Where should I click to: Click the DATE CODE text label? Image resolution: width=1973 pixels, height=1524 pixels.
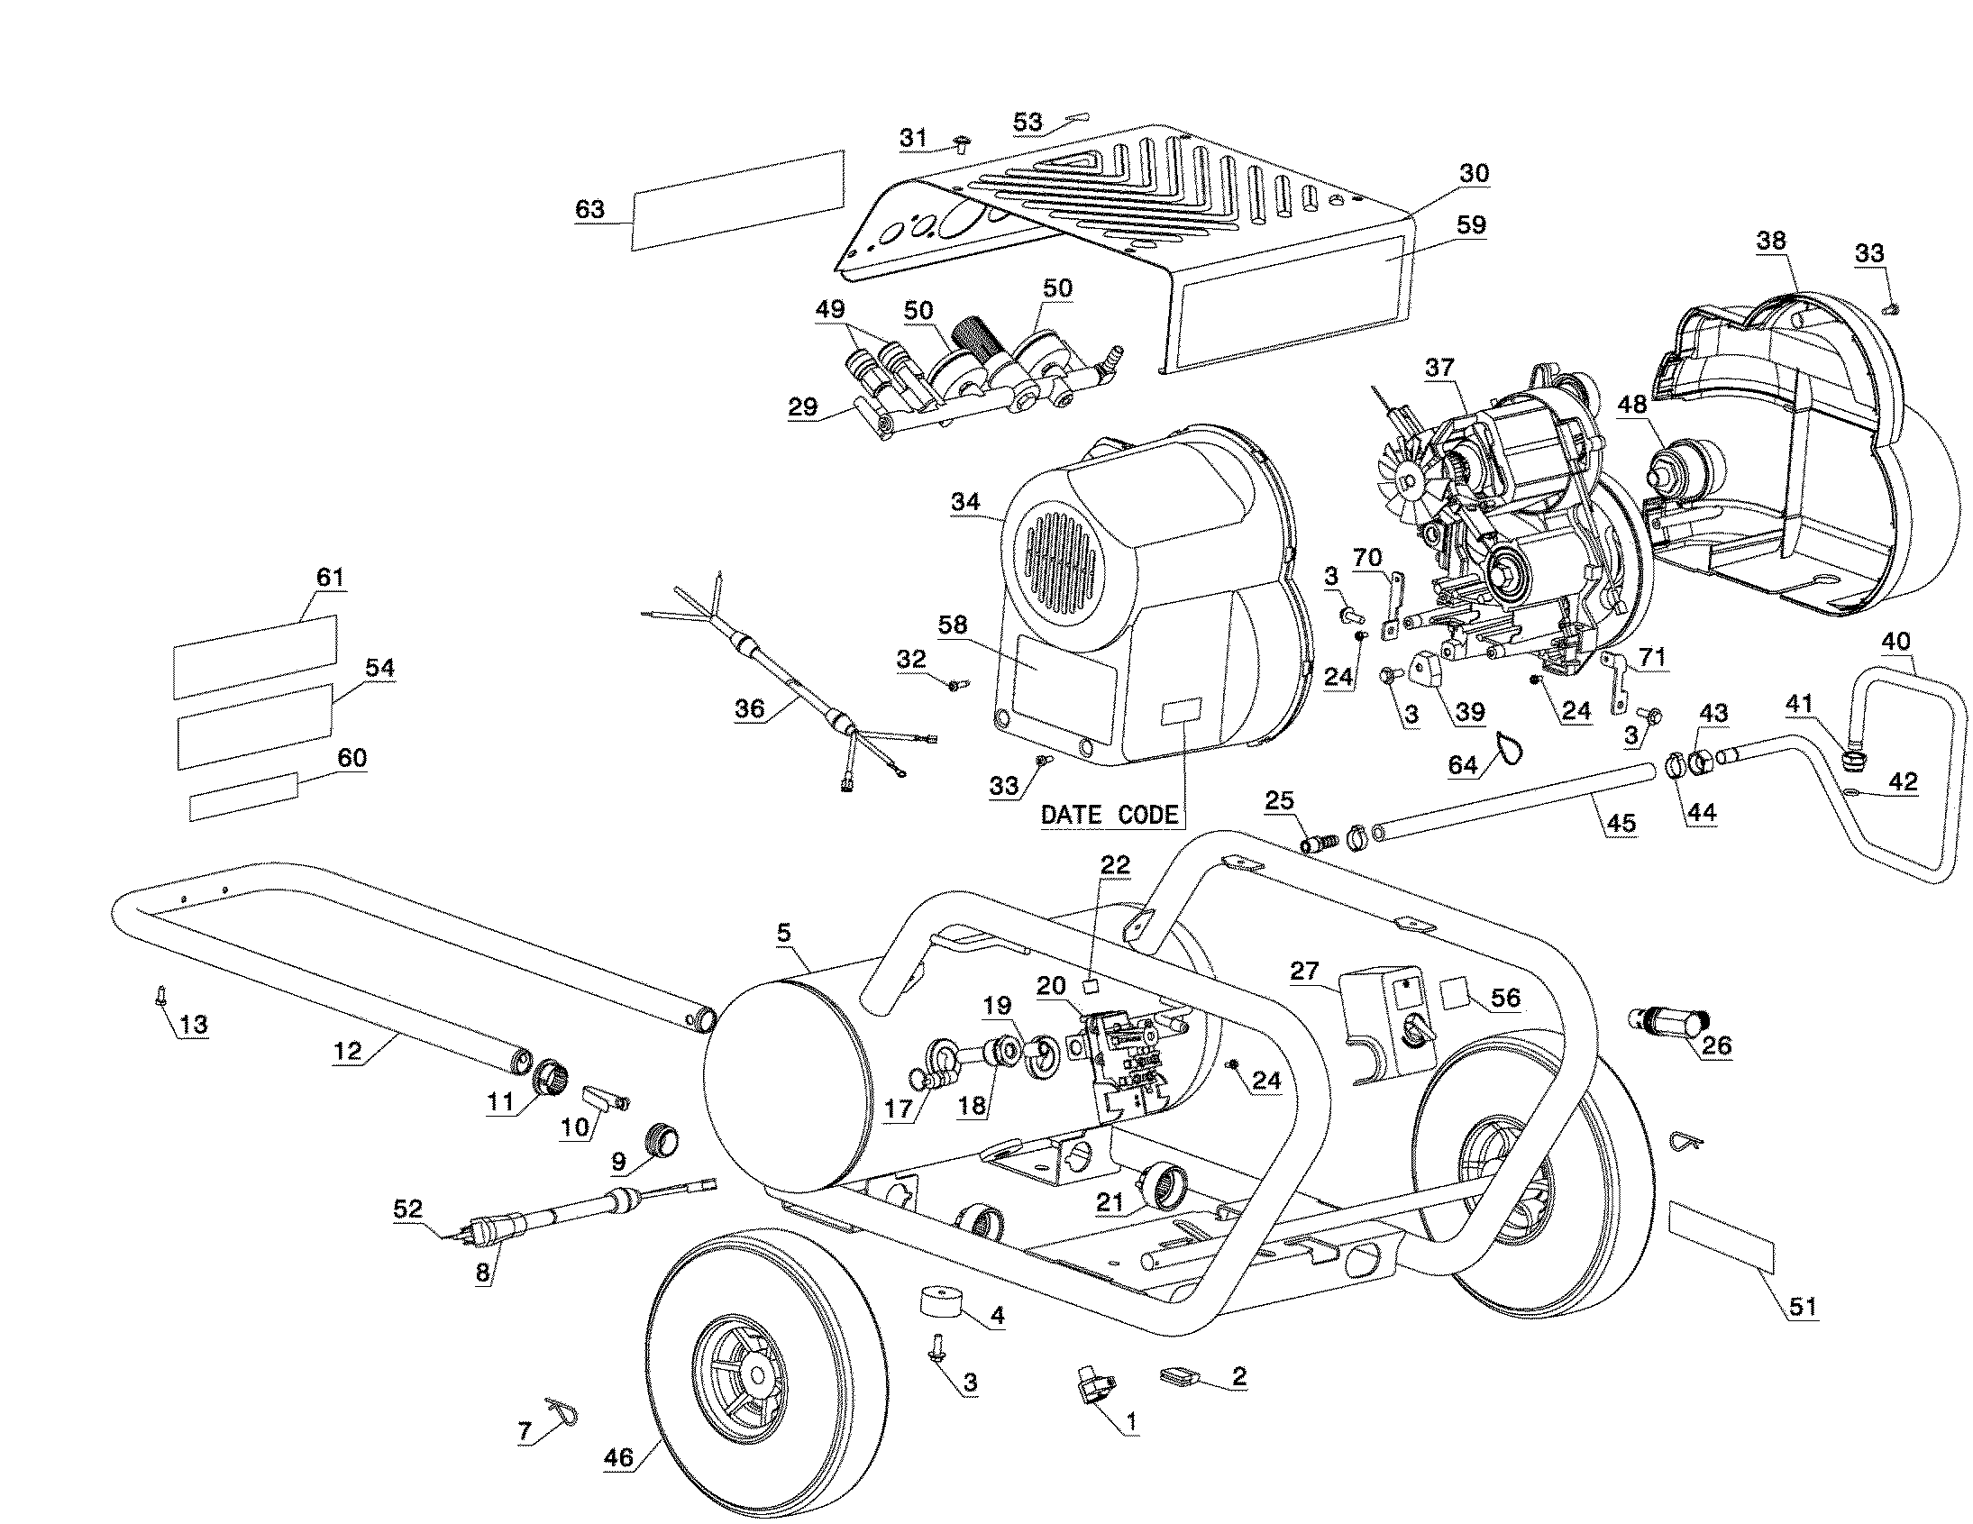(x=1110, y=815)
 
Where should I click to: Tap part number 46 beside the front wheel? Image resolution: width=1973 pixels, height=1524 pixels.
(x=618, y=1457)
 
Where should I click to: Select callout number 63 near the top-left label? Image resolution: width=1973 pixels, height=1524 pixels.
(x=589, y=210)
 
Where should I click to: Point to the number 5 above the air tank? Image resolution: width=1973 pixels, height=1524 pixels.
(x=783, y=932)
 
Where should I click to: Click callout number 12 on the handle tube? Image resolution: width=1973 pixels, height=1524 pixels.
(x=347, y=1050)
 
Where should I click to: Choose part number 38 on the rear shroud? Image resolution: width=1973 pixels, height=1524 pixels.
(x=1770, y=241)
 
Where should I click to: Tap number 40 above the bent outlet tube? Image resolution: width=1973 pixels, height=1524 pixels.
(x=1895, y=641)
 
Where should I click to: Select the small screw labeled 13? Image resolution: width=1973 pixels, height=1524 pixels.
(x=159, y=995)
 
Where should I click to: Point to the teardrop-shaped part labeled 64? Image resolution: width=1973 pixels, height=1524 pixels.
(x=1507, y=747)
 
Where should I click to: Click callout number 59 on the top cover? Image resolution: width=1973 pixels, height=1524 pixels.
(x=1472, y=225)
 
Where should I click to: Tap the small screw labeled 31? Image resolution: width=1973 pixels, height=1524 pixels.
(x=961, y=143)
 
